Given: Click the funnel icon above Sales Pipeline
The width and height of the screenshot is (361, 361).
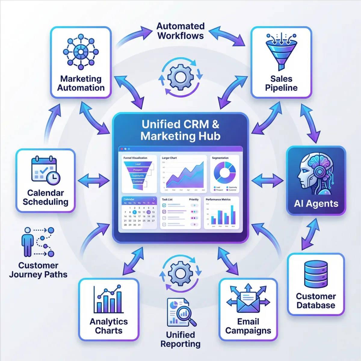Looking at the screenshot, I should coord(281,51).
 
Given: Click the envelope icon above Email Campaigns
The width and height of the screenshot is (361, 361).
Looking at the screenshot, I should coord(248,301).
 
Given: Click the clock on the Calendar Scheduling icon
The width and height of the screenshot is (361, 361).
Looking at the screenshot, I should coord(53,178).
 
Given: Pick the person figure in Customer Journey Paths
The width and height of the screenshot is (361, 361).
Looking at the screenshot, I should coord(28,242).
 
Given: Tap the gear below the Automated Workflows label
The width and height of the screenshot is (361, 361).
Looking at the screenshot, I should coord(180,77).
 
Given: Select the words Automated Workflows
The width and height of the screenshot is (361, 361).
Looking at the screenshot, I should coord(180,31).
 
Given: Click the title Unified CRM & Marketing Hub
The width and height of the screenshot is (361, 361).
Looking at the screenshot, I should coord(180,130).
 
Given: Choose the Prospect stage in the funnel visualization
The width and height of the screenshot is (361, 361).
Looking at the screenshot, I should coord(138,170).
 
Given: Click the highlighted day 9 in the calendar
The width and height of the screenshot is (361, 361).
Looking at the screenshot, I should coord(134,212).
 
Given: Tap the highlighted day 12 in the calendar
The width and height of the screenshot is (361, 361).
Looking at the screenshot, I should coord(149,212).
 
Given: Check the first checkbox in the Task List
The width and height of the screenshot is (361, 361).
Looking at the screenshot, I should coord(164,205).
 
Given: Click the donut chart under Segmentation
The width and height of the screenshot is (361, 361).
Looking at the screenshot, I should coord(224,173).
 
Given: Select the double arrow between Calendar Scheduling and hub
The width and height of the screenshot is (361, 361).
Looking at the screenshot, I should coord(94,181).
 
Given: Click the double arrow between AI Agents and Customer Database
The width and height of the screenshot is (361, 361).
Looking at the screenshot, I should coord(310,234).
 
